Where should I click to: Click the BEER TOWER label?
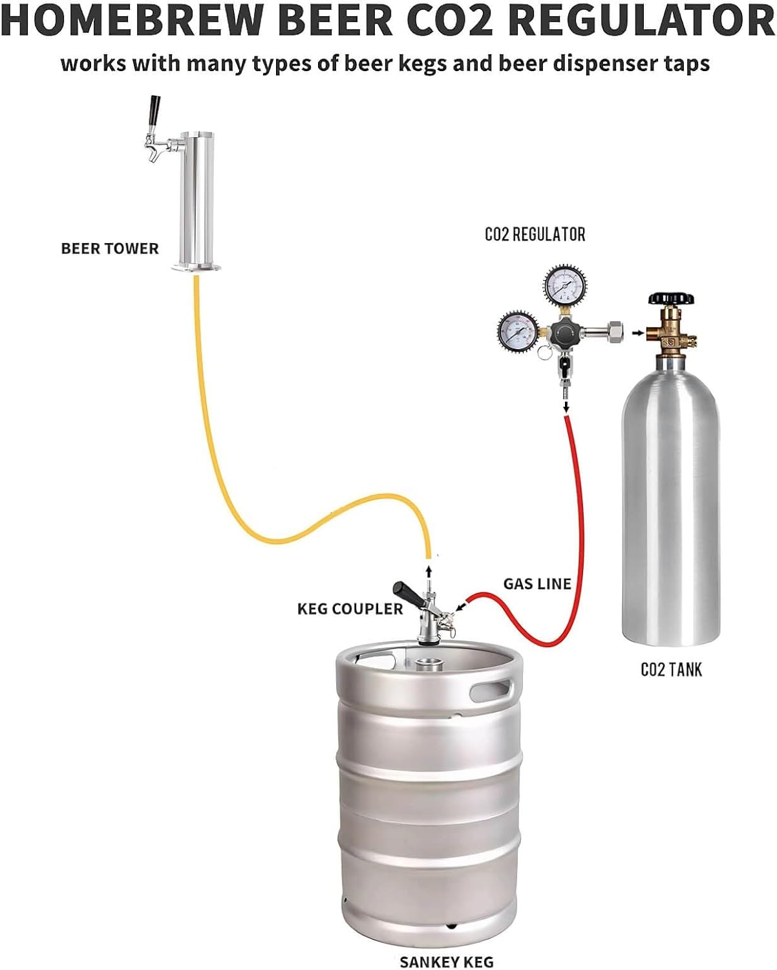[x=109, y=249]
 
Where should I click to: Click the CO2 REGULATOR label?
[x=535, y=234]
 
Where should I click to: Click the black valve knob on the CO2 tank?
[x=671, y=299]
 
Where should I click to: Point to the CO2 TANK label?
[x=671, y=669]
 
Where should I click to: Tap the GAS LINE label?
[x=537, y=584]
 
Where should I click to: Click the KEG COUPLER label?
[x=350, y=609]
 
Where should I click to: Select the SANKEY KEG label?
[x=446, y=962]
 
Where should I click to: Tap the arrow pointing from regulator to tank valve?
[x=638, y=333]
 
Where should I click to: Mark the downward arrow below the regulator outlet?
[x=566, y=406]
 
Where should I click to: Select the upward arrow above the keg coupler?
[x=428, y=570]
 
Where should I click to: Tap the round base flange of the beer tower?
[x=196, y=266]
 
